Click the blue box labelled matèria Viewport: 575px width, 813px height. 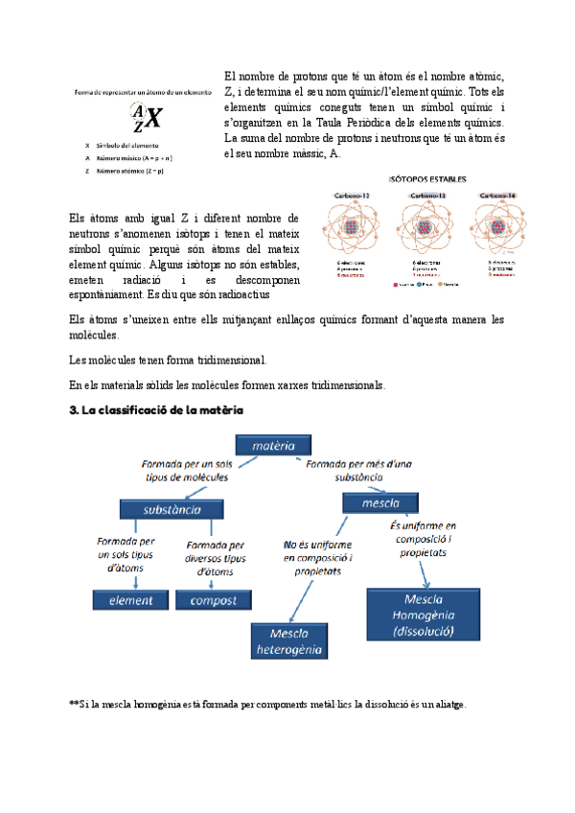click(274, 446)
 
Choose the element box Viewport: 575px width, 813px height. click(130, 600)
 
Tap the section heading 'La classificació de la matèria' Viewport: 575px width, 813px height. click(158, 409)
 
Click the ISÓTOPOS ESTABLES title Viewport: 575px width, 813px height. click(427, 178)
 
